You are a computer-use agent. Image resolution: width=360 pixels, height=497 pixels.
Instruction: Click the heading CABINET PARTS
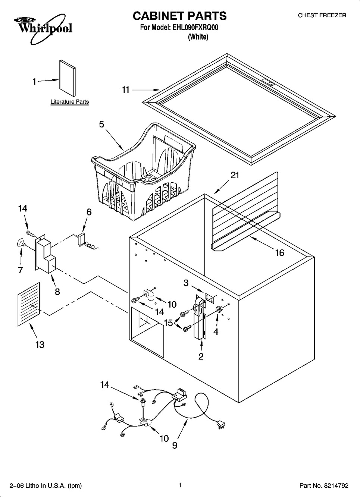coord(179,16)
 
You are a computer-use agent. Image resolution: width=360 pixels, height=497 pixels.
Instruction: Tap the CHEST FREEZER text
coord(322,15)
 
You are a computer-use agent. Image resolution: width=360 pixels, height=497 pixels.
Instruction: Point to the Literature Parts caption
coord(69,102)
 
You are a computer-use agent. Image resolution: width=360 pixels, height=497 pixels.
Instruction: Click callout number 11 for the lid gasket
coord(125,90)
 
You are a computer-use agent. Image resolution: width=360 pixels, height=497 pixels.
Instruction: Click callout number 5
coord(101,125)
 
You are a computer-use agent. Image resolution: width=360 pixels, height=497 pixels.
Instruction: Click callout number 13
coord(40,345)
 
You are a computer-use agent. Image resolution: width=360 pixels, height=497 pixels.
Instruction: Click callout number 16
coord(279,253)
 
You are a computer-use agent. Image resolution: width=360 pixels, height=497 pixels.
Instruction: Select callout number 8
coord(57,292)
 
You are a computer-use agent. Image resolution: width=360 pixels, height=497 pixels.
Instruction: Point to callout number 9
coord(175,445)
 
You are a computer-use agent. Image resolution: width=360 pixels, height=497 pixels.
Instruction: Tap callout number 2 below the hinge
coord(201,356)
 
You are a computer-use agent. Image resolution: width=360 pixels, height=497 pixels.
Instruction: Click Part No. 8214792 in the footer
coord(324,485)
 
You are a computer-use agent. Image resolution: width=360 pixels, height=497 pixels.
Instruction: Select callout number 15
coord(168,323)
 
